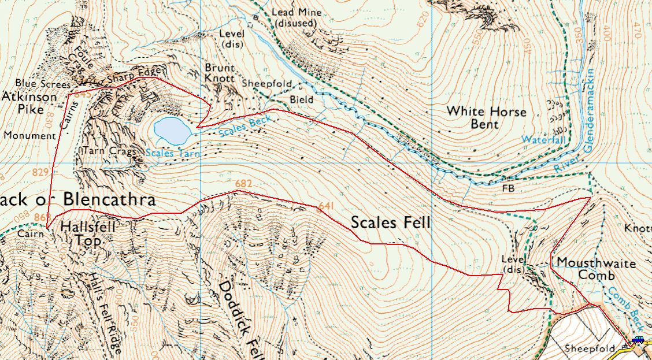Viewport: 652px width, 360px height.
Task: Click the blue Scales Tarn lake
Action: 172,131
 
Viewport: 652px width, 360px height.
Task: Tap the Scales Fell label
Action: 391,222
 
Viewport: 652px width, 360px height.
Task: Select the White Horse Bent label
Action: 487,117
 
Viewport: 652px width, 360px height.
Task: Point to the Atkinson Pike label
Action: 29,103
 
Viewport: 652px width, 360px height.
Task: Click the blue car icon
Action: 638,340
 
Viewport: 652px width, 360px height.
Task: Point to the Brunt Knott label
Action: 220,73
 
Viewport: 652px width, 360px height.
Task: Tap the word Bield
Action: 302,100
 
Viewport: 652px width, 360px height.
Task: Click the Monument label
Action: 29,136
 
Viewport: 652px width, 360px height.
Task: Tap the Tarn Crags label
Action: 110,151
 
